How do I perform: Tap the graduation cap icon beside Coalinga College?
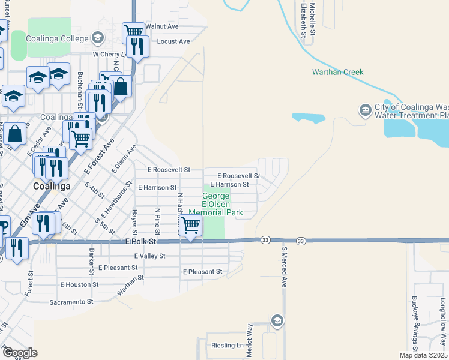click(x=97, y=38)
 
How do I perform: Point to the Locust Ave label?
click(x=173, y=41)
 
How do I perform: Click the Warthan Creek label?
click(x=337, y=72)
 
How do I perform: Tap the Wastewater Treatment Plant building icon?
click(x=365, y=110)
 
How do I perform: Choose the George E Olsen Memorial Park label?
click(x=215, y=204)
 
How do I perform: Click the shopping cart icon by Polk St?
click(x=191, y=226)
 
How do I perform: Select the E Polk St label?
click(x=140, y=241)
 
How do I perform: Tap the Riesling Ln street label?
click(x=228, y=346)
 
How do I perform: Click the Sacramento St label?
click(x=72, y=302)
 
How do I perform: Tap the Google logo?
click(x=20, y=353)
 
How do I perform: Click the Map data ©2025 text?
click(x=423, y=355)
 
